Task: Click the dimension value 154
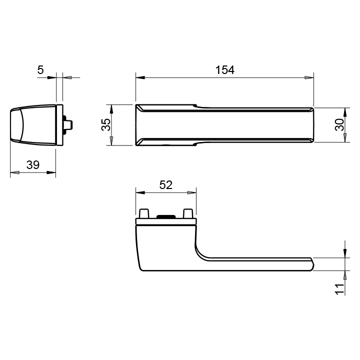225,70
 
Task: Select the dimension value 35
106,124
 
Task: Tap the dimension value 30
339,124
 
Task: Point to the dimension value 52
166,185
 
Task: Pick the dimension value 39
33,165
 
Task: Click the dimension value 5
40,70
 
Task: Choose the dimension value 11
340,289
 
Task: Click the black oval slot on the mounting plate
166,216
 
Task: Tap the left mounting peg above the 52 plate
144,213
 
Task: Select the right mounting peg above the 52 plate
188,213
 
